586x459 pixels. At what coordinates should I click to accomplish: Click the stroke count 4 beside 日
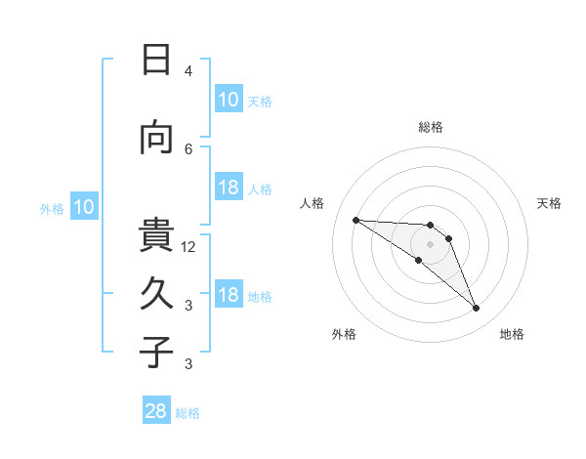click(x=188, y=71)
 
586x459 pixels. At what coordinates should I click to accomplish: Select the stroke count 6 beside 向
click(x=188, y=148)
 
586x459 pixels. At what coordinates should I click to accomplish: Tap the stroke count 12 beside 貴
click(x=189, y=246)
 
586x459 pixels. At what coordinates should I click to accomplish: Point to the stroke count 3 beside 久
click(x=188, y=306)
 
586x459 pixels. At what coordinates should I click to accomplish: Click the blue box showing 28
click(x=156, y=411)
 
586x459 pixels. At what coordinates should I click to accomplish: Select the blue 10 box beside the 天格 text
click(x=228, y=100)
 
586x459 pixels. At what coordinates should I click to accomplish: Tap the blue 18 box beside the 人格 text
click(x=228, y=188)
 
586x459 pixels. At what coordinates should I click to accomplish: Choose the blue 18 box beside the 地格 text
click(x=228, y=295)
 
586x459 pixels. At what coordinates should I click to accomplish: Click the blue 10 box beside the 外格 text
click(x=84, y=207)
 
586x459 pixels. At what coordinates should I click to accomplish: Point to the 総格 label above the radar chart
click(x=430, y=127)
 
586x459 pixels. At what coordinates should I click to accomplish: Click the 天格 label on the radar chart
click(x=549, y=203)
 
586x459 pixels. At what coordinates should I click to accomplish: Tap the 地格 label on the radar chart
click(x=512, y=334)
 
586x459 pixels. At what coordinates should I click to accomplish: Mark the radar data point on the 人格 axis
click(x=356, y=220)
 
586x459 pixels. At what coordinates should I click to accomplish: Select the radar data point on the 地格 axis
click(x=477, y=309)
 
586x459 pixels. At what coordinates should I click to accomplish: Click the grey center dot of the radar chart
click(x=430, y=244)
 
